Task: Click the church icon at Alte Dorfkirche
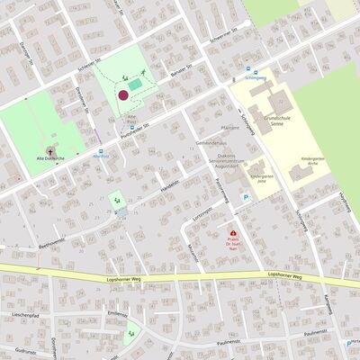point(49,149)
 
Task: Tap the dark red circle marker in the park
point(123,94)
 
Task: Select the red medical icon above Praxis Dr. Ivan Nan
point(233,233)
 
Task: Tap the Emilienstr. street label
point(117,313)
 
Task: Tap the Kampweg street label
point(328,304)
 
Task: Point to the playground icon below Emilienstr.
point(133,333)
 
